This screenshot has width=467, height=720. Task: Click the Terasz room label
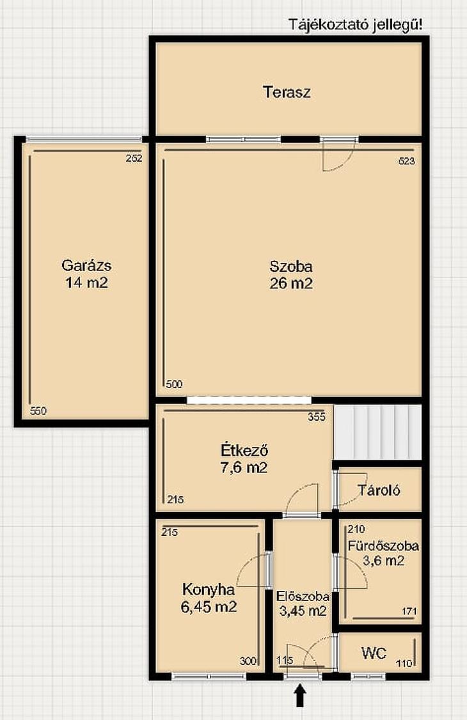coord(287,92)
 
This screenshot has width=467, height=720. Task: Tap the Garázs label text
coord(86,265)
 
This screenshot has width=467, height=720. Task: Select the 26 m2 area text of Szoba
coord(291,283)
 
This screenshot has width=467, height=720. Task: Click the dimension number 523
coord(407,160)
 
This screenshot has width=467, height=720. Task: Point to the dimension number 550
coord(38,411)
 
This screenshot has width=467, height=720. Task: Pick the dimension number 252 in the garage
coord(134,159)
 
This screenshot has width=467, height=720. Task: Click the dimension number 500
coord(174,384)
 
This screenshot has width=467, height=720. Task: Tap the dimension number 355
coord(317,416)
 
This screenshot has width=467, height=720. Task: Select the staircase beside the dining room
coord(377,432)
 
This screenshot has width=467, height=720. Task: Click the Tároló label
coord(379,490)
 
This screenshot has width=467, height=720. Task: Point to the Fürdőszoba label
coord(383,546)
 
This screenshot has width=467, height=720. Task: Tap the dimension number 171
coord(409,611)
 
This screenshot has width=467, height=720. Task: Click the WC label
coord(374,653)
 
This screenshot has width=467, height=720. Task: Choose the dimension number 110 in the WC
coord(404,664)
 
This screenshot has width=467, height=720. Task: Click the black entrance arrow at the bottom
coord(300,696)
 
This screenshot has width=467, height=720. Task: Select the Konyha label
coord(209,590)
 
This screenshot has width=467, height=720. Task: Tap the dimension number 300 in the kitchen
coord(248,661)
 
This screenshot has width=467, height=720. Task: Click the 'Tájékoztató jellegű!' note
coord(356,25)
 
